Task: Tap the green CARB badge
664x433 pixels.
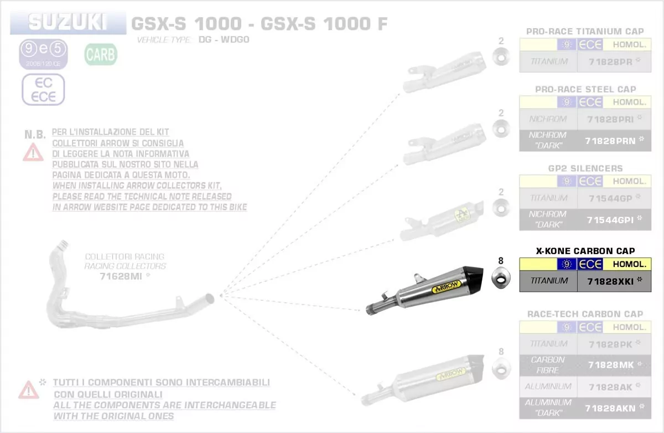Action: [x=100, y=55]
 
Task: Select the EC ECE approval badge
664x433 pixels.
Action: [x=43, y=90]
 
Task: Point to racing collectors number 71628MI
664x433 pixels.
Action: [x=121, y=275]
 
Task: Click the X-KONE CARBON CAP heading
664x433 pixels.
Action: [x=585, y=251]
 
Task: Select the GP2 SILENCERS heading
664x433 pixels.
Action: [x=585, y=168]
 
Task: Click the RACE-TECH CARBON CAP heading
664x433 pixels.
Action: [x=585, y=314]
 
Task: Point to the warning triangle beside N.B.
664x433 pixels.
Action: [x=33, y=151]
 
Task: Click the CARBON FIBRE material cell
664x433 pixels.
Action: [x=548, y=365]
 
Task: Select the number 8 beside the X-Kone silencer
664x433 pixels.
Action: [x=501, y=260]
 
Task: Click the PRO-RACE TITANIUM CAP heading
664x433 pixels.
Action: [x=585, y=32]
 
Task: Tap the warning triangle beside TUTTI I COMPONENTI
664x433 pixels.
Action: [x=28, y=390]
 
